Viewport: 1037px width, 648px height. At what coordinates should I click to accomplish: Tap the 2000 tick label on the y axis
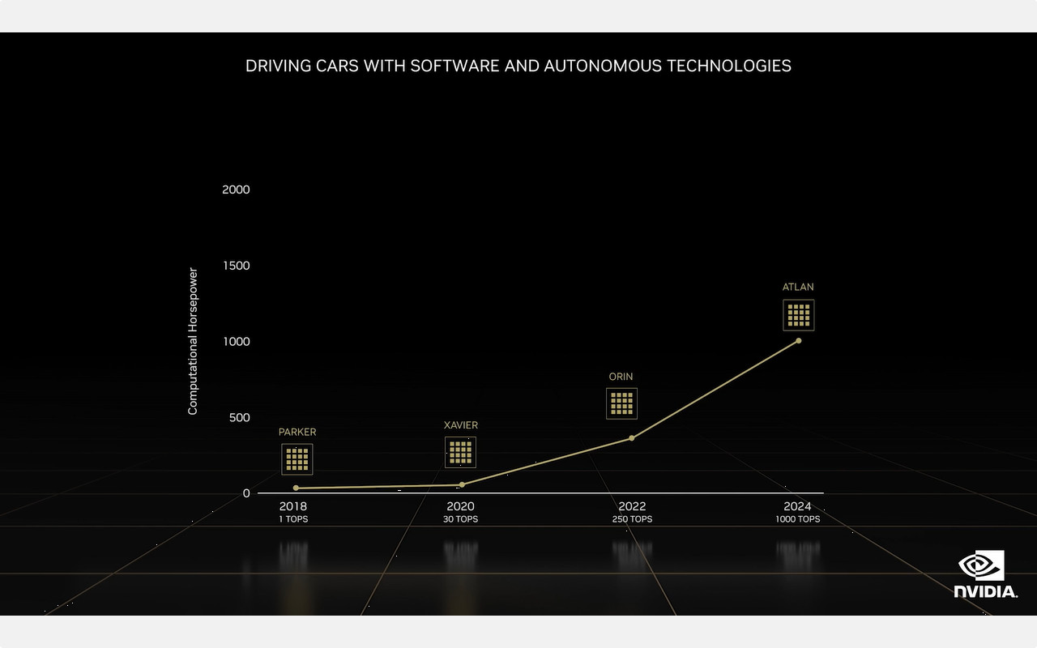click(x=236, y=190)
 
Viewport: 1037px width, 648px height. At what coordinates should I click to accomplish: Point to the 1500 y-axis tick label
click(x=236, y=266)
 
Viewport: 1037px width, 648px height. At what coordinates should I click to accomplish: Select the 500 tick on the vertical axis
click(x=239, y=417)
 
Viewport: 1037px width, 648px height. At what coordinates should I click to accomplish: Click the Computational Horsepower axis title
click(x=193, y=341)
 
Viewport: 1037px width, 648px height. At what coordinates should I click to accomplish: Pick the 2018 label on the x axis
click(x=292, y=506)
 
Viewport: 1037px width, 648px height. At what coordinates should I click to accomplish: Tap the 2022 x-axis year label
click(x=632, y=506)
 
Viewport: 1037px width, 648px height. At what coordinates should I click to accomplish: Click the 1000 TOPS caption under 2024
click(x=797, y=519)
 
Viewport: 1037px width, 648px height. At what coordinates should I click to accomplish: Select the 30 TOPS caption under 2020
click(x=460, y=519)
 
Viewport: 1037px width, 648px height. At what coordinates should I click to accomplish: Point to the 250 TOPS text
click(x=632, y=519)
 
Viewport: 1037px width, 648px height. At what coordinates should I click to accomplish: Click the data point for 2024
click(x=798, y=340)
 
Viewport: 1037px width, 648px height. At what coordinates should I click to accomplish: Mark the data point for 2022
click(x=631, y=438)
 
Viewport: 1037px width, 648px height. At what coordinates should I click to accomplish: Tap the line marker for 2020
click(x=462, y=484)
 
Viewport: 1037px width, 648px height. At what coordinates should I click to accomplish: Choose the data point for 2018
click(x=296, y=488)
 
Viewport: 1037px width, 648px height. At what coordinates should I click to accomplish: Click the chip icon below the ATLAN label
click(x=798, y=315)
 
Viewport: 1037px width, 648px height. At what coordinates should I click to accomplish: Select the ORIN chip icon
click(x=621, y=403)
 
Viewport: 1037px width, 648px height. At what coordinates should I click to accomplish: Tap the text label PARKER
click(x=297, y=433)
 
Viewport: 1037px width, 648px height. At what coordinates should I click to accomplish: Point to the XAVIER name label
click(x=461, y=425)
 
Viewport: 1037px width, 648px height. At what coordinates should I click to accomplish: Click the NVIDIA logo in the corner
click(x=984, y=574)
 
